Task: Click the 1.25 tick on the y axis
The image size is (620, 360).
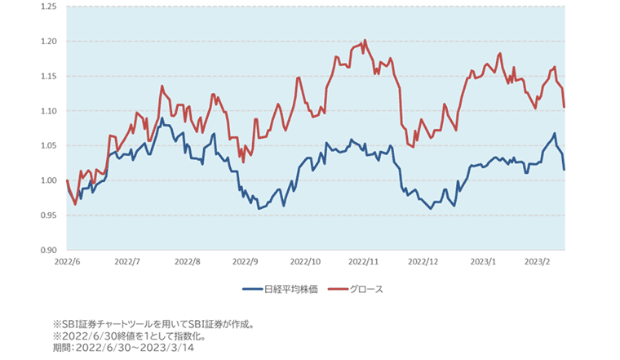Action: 48,7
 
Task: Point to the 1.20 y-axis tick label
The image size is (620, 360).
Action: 48,42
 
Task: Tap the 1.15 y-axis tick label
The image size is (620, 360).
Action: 48,76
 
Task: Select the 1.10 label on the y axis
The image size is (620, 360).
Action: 48,111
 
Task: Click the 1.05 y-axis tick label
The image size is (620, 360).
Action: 48,145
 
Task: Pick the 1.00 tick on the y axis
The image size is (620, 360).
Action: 48,180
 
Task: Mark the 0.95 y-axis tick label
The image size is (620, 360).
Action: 48,216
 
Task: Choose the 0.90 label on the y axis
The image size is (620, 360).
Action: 48,250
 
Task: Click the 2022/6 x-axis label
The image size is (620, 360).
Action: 67,263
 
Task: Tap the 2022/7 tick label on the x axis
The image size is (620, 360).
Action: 128,263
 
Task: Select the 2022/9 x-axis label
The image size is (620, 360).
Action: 246,263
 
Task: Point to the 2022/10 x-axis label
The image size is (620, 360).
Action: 306,263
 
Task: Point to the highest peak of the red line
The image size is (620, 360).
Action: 365,39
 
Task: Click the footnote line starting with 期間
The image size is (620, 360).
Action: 123,348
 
